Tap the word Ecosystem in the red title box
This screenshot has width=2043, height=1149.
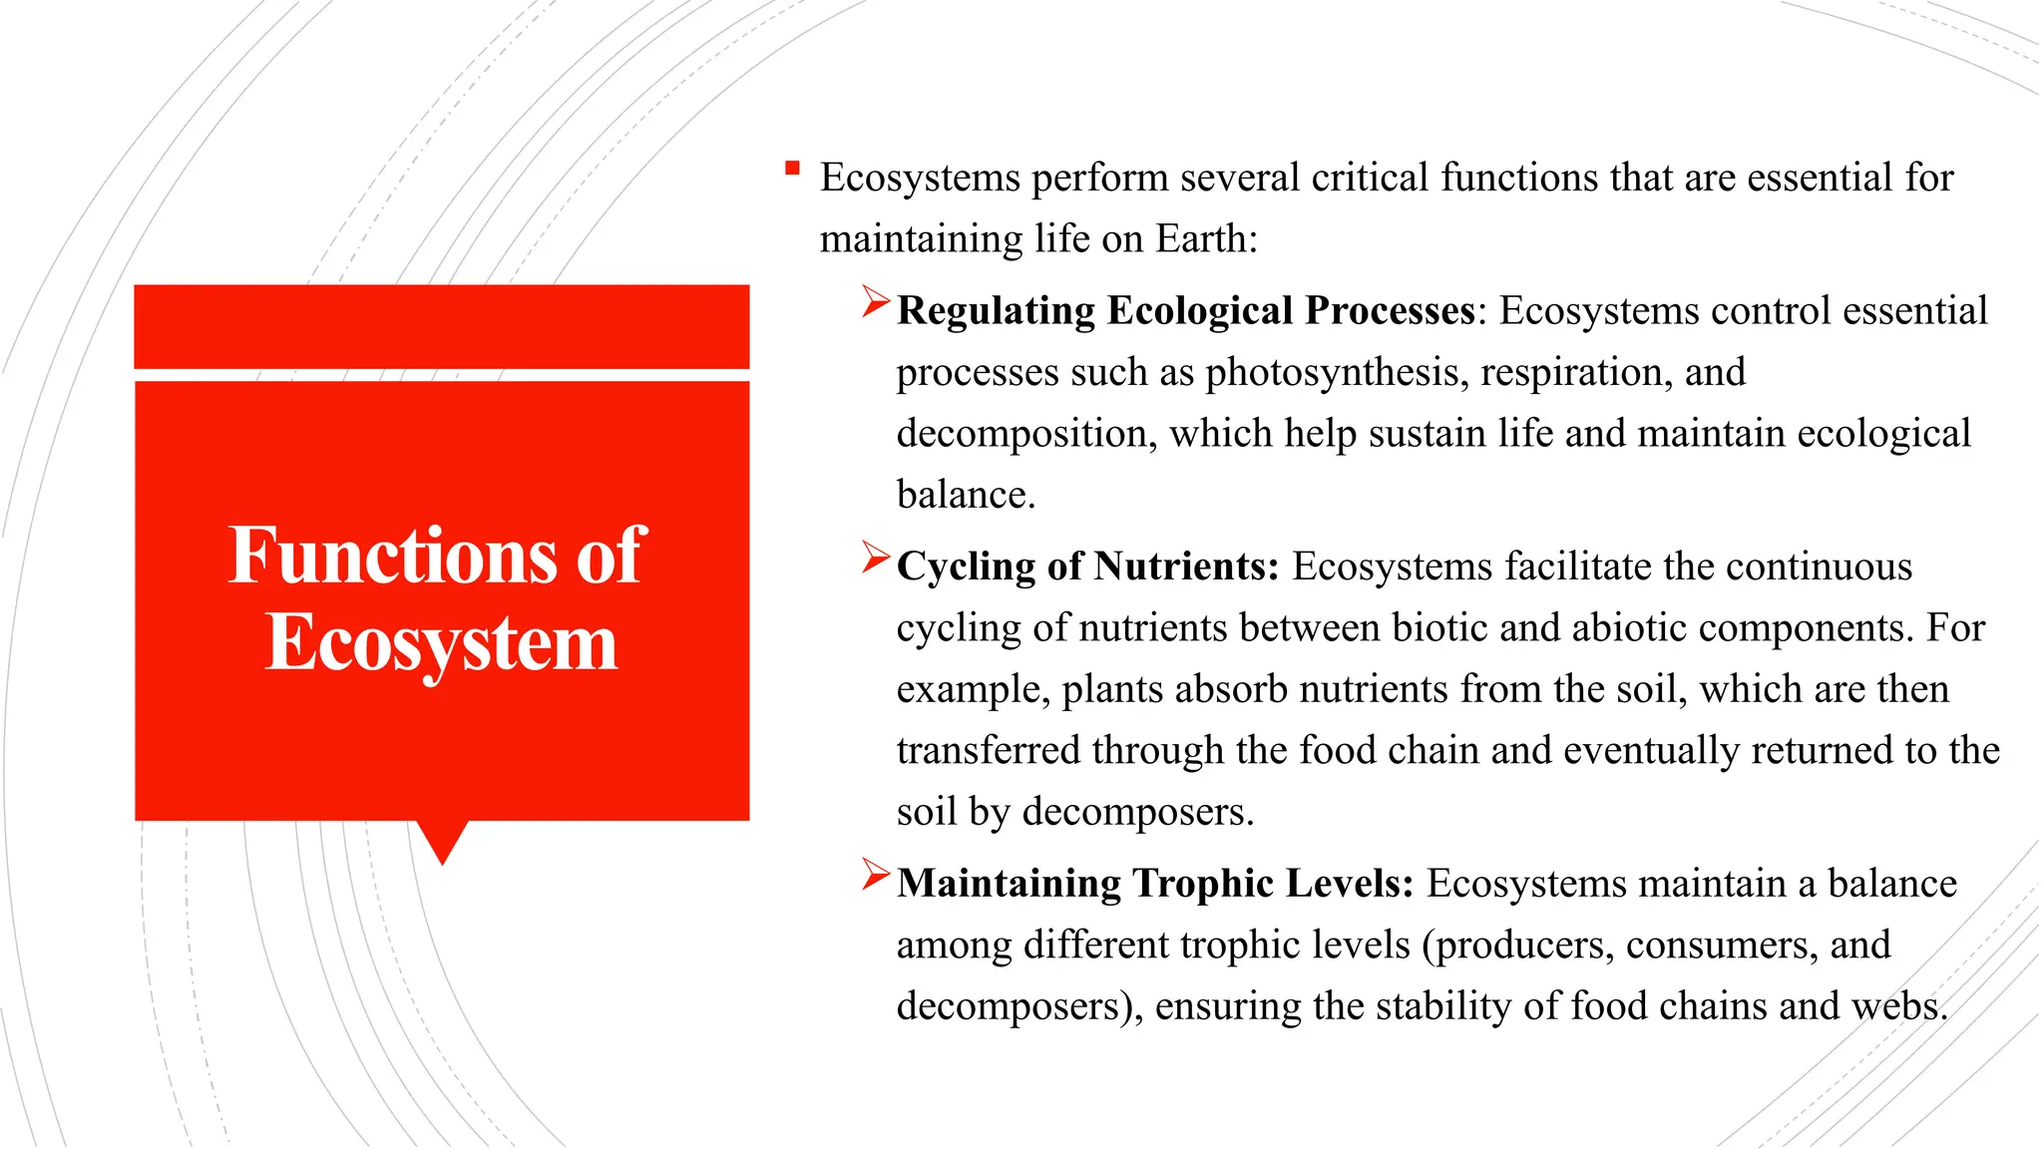click(x=441, y=643)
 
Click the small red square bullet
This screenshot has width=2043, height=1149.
click(x=792, y=169)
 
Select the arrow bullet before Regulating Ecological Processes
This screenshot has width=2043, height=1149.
click(x=875, y=302)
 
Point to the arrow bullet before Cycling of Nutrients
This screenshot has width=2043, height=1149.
click(x=875, y=558)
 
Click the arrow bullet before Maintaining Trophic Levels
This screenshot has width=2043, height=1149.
click(x=875, y=875)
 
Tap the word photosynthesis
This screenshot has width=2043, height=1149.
click(x=1337, y=373)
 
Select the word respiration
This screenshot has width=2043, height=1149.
click(x=1575, y=373)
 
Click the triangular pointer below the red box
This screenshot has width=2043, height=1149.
click(x=442, y=840)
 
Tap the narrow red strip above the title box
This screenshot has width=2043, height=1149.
click(x=442, y=326)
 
